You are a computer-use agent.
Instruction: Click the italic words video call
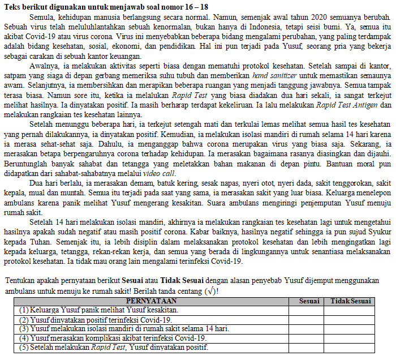(x=160, y=173)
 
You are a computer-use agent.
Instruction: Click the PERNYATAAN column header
(x=151, y=301)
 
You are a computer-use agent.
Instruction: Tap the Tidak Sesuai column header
(x=351, y=301)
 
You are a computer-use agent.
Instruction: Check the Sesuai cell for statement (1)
(x=309, y=310)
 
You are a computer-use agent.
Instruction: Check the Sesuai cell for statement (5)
(x=309, y=347)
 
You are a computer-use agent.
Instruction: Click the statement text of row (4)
(x=113, y=338)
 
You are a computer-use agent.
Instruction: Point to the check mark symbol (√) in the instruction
(x=208, y=291)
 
